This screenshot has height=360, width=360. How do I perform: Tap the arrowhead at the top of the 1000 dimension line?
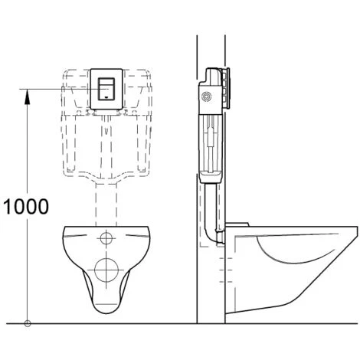pos(28,92)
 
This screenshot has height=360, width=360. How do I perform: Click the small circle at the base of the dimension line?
pos(28,322)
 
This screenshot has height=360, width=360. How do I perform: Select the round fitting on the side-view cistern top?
pos(205,97)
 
